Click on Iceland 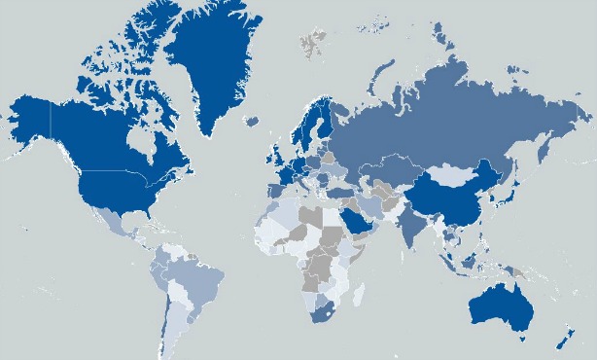tap(252, 123)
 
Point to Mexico tap(112, 222)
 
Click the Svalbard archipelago tap(314, 42)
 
